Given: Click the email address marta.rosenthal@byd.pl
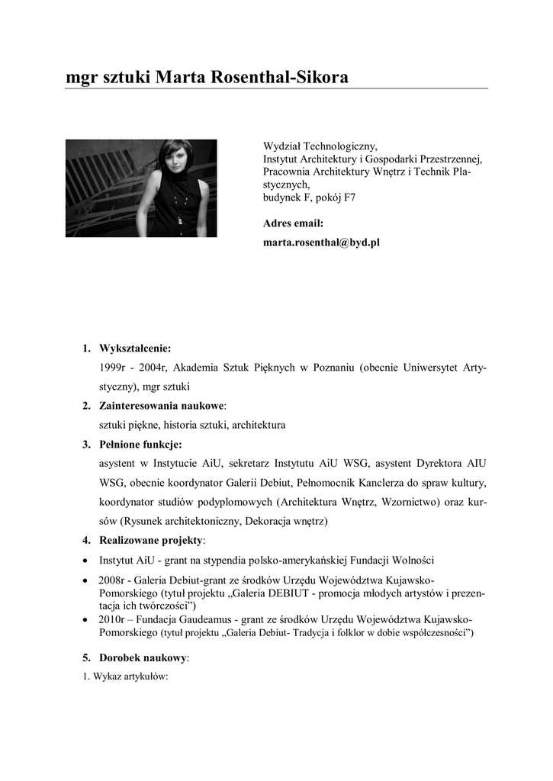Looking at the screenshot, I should click(x=321, y=243).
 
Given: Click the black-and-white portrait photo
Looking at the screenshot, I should click(x=141, y=188).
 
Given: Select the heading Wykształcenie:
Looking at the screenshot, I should click(x=135, y=349).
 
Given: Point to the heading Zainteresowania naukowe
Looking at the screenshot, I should click(x=162, y=406).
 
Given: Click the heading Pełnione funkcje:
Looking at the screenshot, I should click(x=140, y=444).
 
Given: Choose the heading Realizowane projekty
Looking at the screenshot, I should click(x=151, y=541).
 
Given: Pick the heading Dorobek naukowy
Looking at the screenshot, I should click(x=143, y=657).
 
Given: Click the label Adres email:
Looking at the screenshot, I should click(x=294, y=223).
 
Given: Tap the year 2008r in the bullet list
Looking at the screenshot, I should click(x=113, y=580).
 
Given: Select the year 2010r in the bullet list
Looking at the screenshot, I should click(x=113, y=619).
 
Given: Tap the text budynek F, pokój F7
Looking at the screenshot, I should click(x=309, y=198).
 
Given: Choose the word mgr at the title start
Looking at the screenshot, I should click(x=80, y=78).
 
